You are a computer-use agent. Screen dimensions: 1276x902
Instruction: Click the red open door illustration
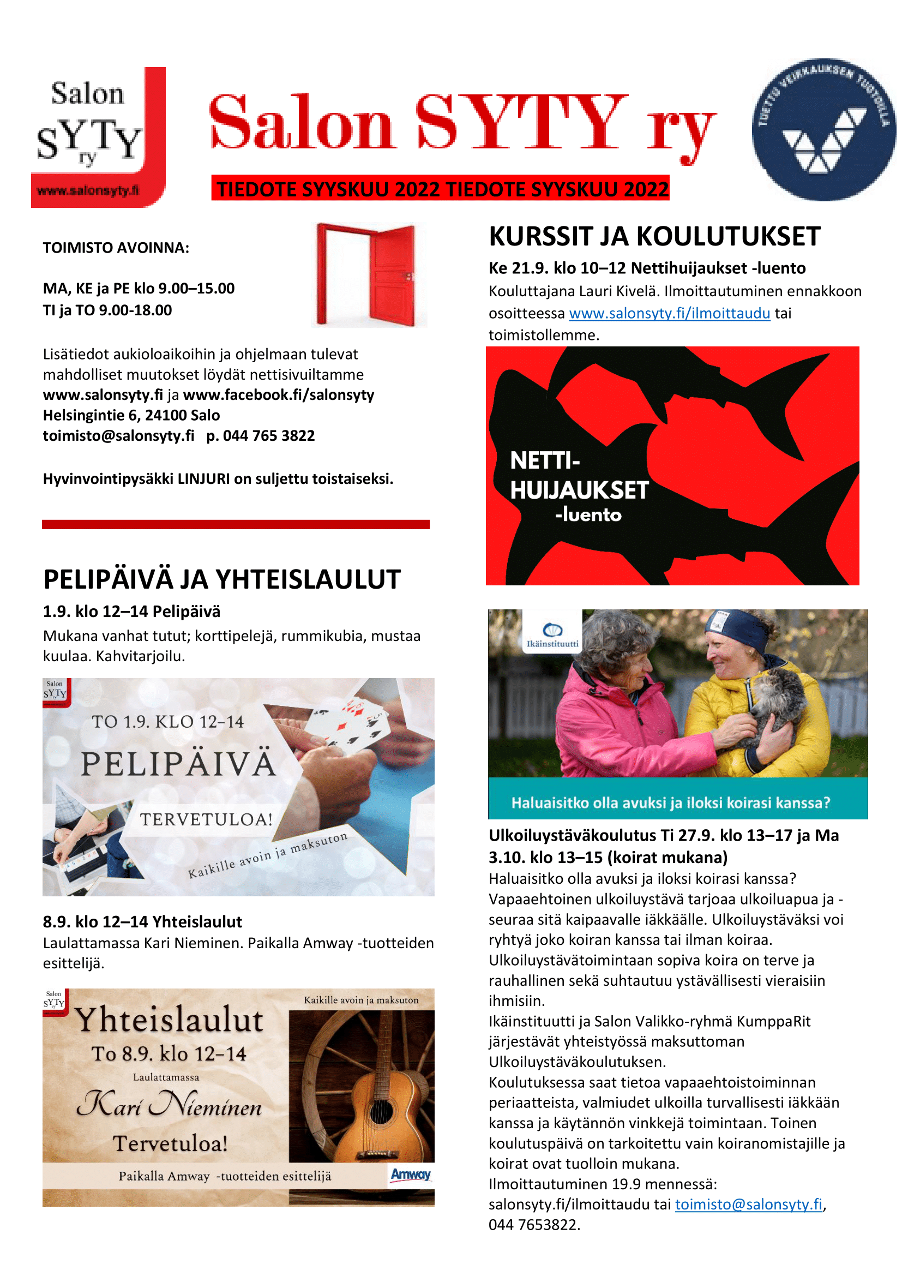click(368, 274)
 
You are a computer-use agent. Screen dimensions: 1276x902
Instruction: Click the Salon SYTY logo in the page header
click(98, 137)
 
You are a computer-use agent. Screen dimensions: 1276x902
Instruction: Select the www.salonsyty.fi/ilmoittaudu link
click(669, 314)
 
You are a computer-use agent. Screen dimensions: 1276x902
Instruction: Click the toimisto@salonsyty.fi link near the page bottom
click(748, 1205)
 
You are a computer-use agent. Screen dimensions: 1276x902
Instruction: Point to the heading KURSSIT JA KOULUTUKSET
click(654, 237)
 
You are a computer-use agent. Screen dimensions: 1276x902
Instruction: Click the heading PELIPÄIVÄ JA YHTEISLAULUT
click(221, 580)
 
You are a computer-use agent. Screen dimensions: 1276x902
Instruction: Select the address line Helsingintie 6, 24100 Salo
click(131, 415)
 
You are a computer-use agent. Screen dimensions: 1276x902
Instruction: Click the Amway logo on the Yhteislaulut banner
click(411, 1175)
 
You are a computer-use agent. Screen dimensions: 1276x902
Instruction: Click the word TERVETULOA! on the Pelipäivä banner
click(206, 819)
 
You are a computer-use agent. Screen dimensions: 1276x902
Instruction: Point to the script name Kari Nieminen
click(169, 1106)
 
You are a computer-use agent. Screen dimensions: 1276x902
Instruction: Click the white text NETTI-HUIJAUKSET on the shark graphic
click(578, 476)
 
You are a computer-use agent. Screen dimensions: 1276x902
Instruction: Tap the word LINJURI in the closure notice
click(203, 479)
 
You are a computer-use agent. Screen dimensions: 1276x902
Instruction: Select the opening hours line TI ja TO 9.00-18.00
click(107, 310)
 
